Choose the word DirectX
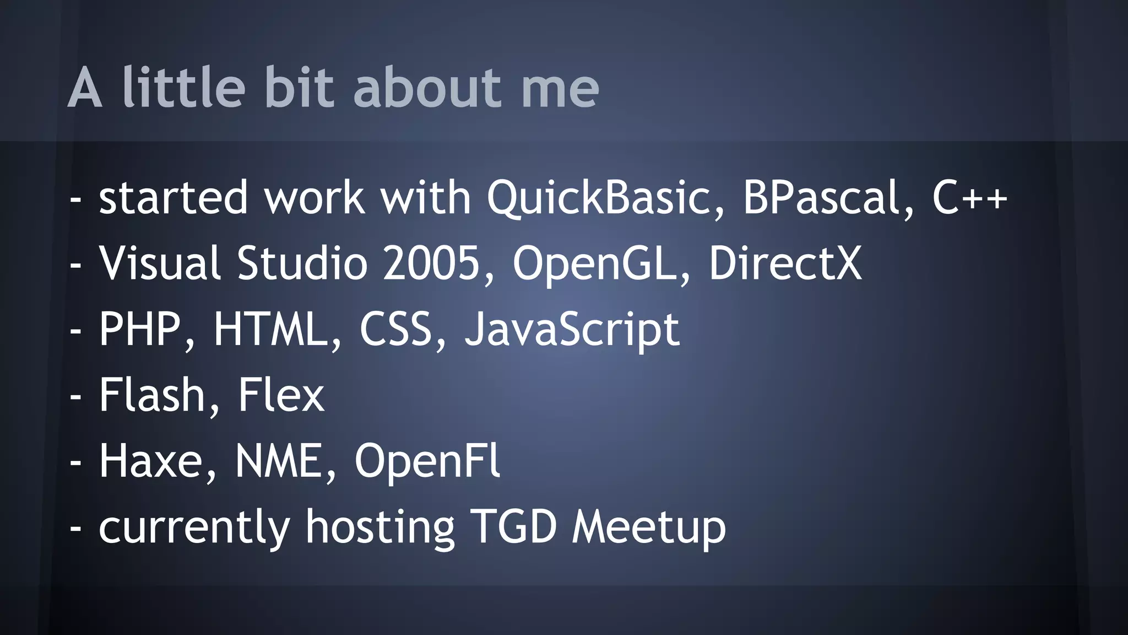pyautogui.click(x=785, y=263)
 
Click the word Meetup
pyautogui.click(x=648, y=528)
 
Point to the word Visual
pyautogui.click(x=160, y=263)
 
